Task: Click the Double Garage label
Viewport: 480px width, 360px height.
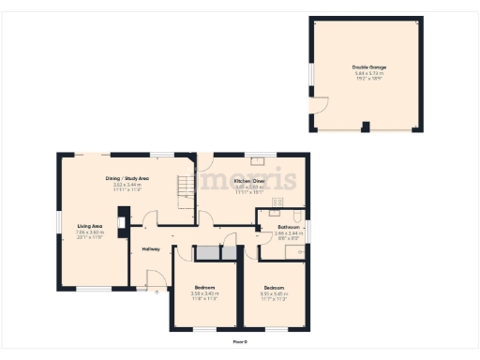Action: pos(369,67)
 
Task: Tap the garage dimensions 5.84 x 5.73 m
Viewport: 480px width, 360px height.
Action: pos(369,73)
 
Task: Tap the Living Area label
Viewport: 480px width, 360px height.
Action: pos(90,226)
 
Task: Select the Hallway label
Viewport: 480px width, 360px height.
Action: pos(151,248)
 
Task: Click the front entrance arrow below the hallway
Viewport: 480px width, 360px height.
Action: pos(156,292)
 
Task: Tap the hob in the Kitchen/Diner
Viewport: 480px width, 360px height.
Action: pos(277,202)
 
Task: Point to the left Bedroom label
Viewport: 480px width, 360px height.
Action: pos(205,286)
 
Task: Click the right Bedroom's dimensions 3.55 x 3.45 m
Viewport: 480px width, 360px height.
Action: pos(274,293)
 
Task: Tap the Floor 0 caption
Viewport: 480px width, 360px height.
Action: pos(240,341)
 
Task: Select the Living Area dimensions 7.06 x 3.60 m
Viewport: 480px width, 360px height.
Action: pos(90,232)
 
